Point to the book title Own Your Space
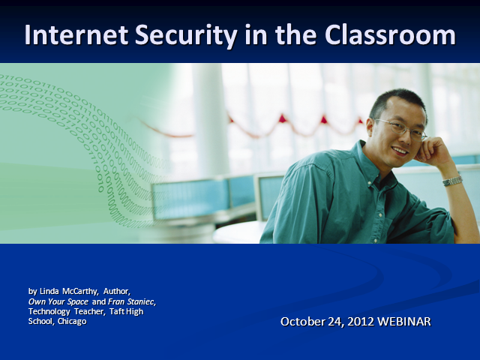(x=58, y=301)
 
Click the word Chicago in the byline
(x=72, y=321)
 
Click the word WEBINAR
(x=404, y=322)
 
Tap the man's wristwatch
(x=452, y=181)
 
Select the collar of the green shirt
(x=375, y=161)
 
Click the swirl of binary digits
(x=75, y=127)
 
